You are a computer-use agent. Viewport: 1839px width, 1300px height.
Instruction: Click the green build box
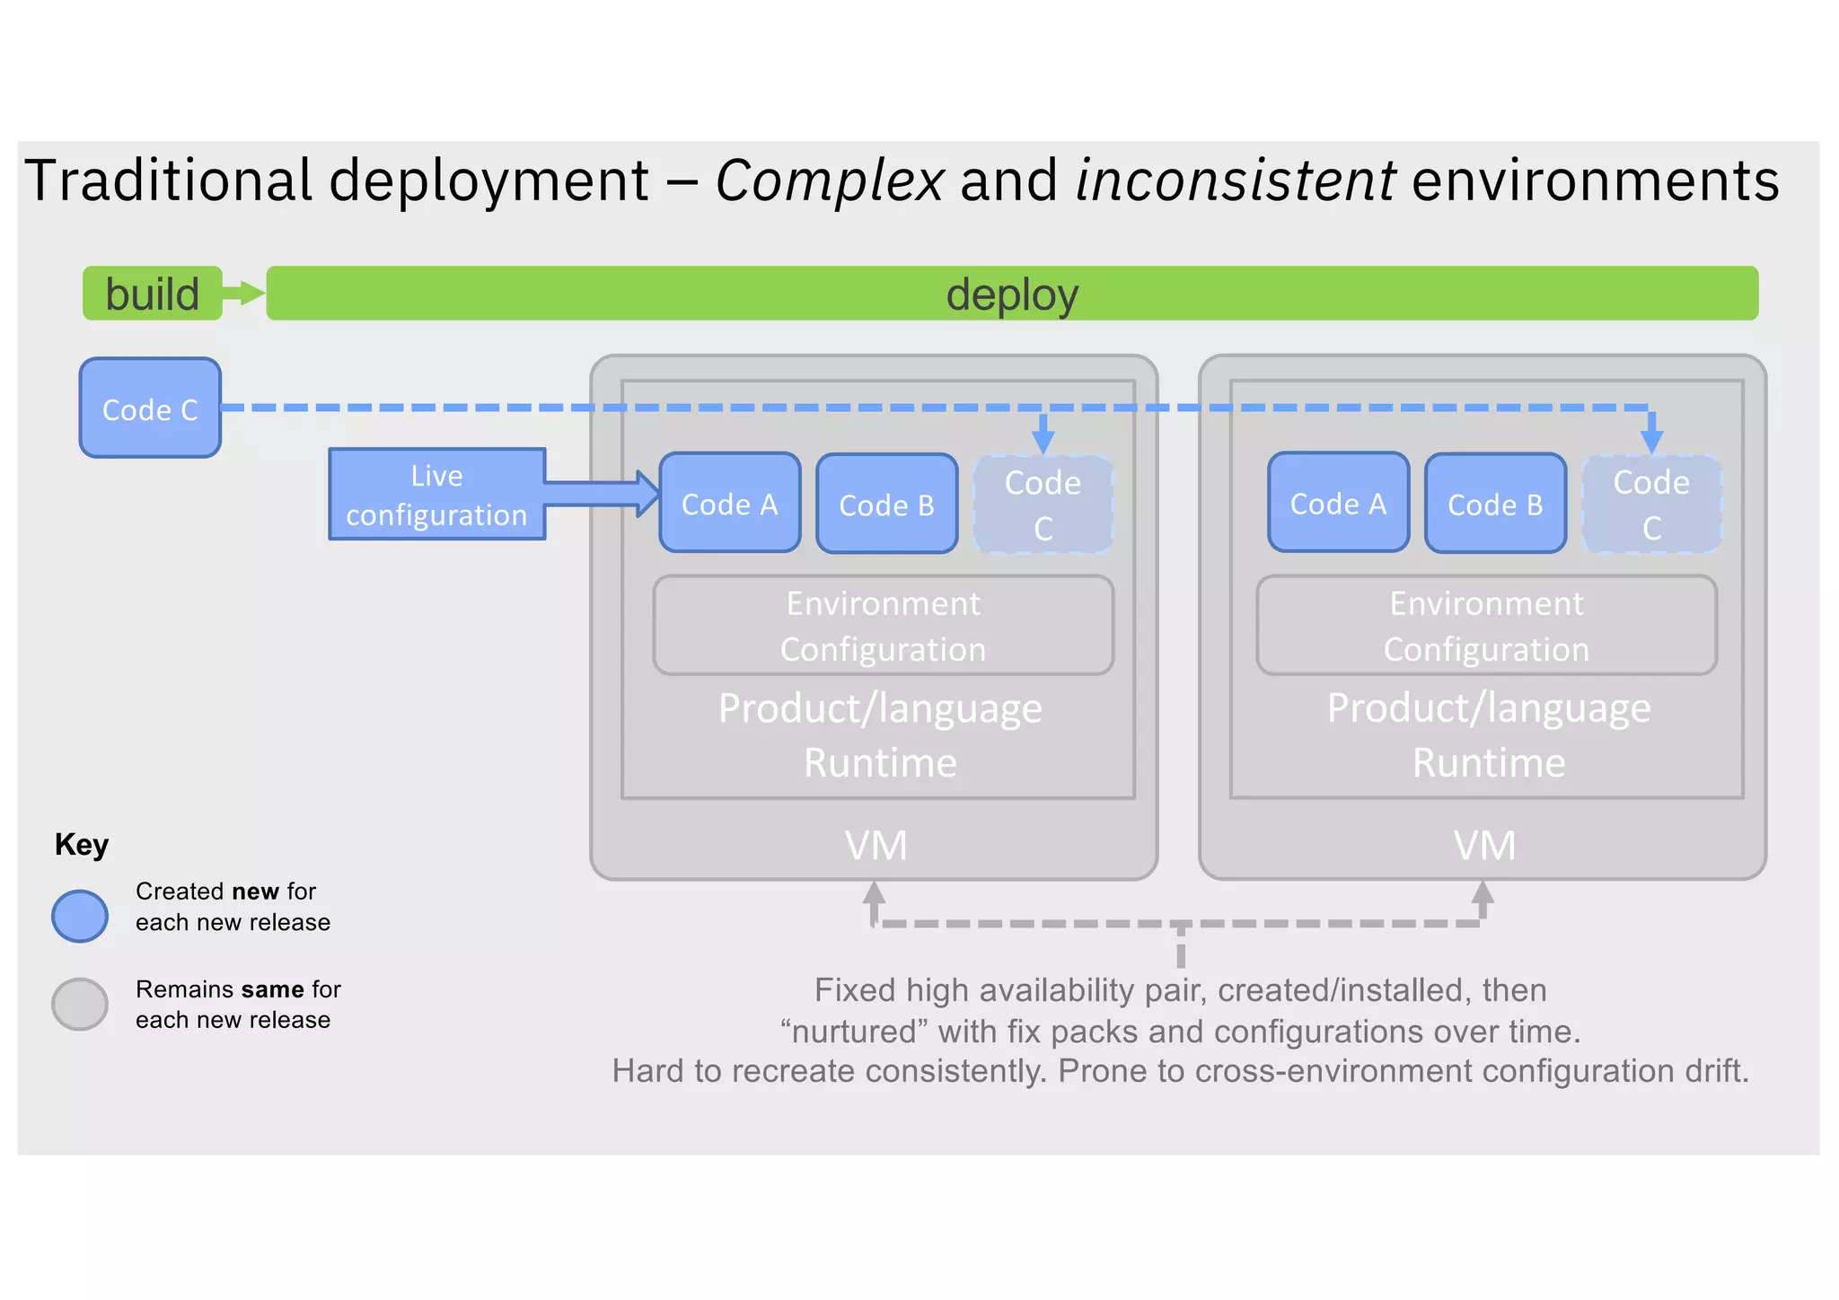click(152, 294)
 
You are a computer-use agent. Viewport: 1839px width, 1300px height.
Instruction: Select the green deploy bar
click(1012, 294)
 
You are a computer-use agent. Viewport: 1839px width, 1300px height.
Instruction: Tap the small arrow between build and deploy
click(244, 293)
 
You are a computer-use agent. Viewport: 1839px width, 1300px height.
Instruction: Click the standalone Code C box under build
click(150, 408)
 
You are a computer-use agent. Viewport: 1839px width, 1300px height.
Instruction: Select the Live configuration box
click(437, 495)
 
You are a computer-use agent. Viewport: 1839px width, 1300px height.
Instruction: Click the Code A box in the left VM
click(729, 503)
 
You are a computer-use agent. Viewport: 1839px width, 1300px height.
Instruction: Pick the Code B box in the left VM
click(886, 505)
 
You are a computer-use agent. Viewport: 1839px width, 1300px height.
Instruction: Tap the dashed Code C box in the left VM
click(1043, 505)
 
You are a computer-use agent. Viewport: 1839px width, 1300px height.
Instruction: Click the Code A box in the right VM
click(1338, 503)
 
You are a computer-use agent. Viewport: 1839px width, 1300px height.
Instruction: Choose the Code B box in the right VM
click(1495, 504)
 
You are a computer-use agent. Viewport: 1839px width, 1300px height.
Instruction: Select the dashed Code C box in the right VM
click(1651, 505)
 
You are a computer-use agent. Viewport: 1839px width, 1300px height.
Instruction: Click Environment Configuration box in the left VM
click(884, 626)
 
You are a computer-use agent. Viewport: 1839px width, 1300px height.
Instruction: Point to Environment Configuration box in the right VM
click(1486, 626)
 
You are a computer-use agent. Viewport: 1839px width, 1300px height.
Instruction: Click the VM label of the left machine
click(876, 846)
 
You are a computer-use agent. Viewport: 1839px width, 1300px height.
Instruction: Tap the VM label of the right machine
click(1484, 846)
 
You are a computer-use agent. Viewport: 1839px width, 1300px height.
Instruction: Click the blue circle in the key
click(80, 916)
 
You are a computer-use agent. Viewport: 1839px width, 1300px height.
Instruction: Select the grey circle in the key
click(80, 1004)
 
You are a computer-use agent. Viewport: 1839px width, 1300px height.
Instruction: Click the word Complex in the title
click(829, 180)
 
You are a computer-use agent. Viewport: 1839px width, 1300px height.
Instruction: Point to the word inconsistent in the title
click(1235, 180)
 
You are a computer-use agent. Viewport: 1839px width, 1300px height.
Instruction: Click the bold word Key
click(82, 845)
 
